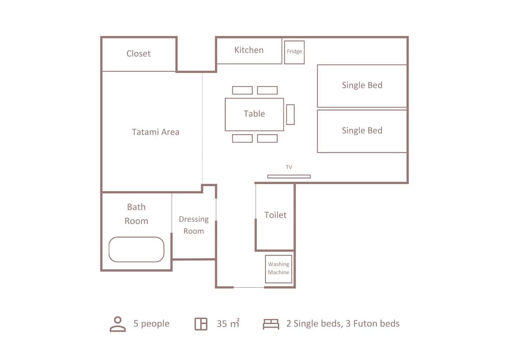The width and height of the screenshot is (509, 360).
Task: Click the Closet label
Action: [x=138, y=53]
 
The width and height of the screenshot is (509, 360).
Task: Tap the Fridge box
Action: [x=294, y=52]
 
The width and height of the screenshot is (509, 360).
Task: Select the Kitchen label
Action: [x=249, y=50]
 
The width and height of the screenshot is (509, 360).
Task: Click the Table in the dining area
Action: [x=254, y=114]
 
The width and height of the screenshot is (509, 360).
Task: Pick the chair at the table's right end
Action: [x=291, y=115]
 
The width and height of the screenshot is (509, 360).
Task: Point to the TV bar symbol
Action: [x=289, y=177]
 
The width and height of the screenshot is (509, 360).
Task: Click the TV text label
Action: [x=289, y=167]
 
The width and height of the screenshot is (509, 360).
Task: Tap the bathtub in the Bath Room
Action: [x=136, y=250]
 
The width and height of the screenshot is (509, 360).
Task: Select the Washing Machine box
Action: [x=278, y=268]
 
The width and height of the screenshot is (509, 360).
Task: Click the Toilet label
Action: [x=275, y=215]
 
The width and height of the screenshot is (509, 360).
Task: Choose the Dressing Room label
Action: [x=194, y=225]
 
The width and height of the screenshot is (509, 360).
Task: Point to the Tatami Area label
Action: [x=155, y=132]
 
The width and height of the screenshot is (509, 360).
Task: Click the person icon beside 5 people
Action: [x=118, y=324]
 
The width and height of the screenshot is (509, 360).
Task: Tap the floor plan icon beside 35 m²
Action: [x=201, y=324]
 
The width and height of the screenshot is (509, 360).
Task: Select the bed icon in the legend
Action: [x=271, y=324]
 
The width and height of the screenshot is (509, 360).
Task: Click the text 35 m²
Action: [x=228, y=323]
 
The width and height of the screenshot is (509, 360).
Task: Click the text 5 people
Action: [x=152, y=324]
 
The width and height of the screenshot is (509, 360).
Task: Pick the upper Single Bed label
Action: [x=362, y=85]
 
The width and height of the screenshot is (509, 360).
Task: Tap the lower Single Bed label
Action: [x=362, y=130]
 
